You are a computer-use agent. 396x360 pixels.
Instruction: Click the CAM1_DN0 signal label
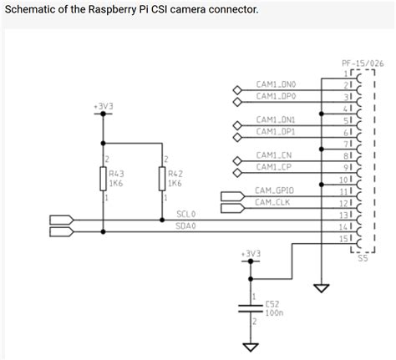click(x=276, y=84)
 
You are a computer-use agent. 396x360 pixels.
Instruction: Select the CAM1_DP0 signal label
click(x=276, y=96)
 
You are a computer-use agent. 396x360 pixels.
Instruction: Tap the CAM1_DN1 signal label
click(x=276, y=119)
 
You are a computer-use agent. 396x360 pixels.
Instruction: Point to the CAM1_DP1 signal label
click(x=276, y=131)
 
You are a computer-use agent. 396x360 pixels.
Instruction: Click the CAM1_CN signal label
click(x=274, y=155)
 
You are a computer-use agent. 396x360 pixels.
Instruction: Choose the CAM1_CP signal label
click(x=274, y=167)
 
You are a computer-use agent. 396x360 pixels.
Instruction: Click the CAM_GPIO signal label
click(x=274, y=191)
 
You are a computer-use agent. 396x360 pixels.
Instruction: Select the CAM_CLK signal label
click(x=272, y=203)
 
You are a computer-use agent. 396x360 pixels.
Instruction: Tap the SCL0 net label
click(x=185, y=214)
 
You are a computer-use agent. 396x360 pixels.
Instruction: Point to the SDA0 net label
click(x=185, y=226)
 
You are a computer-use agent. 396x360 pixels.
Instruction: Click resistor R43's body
click(x=102, y=178)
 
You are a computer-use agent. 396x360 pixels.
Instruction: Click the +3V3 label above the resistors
click(x=103, y=108)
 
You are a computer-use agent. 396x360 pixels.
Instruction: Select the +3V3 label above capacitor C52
click(x=250, y=251)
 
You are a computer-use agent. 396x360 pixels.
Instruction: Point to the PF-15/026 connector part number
click(x=362, y=63)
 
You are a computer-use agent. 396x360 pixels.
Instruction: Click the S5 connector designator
click(x=362, y=259)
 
